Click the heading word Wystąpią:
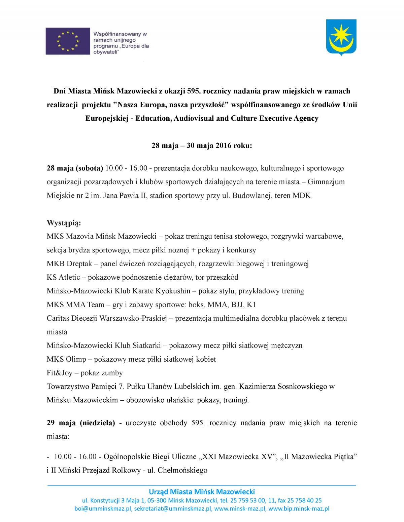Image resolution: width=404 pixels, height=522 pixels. click(64, 223)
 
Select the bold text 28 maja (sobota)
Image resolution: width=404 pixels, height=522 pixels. click(75, 168)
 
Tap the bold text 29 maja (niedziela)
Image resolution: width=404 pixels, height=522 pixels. click(81, 423)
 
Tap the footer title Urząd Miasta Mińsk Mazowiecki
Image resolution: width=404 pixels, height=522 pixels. click(202, 491)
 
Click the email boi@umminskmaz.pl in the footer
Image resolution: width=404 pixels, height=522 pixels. click(103, 509)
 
